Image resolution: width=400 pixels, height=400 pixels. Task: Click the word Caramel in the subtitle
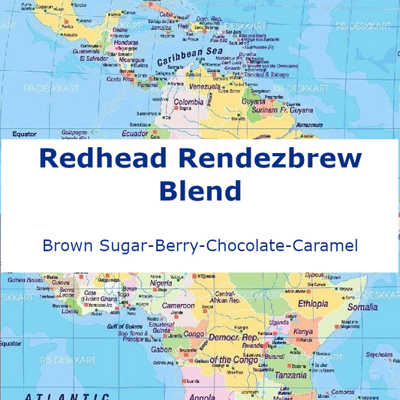(325, 245)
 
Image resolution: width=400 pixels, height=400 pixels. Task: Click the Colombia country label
(188, 101)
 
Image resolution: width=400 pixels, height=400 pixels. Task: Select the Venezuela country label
(204, 86)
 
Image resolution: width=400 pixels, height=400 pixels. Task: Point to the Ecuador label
(136, 134)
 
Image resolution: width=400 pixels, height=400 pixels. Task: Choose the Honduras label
(126, 43)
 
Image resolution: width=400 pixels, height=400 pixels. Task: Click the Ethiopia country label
(313, 304)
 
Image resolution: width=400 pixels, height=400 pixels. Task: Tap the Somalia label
(362, 307)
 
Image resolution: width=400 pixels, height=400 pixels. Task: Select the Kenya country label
(302, 331)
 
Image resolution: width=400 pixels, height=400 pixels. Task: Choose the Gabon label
(161, 349)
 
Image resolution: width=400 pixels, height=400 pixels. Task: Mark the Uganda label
(277, 322)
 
